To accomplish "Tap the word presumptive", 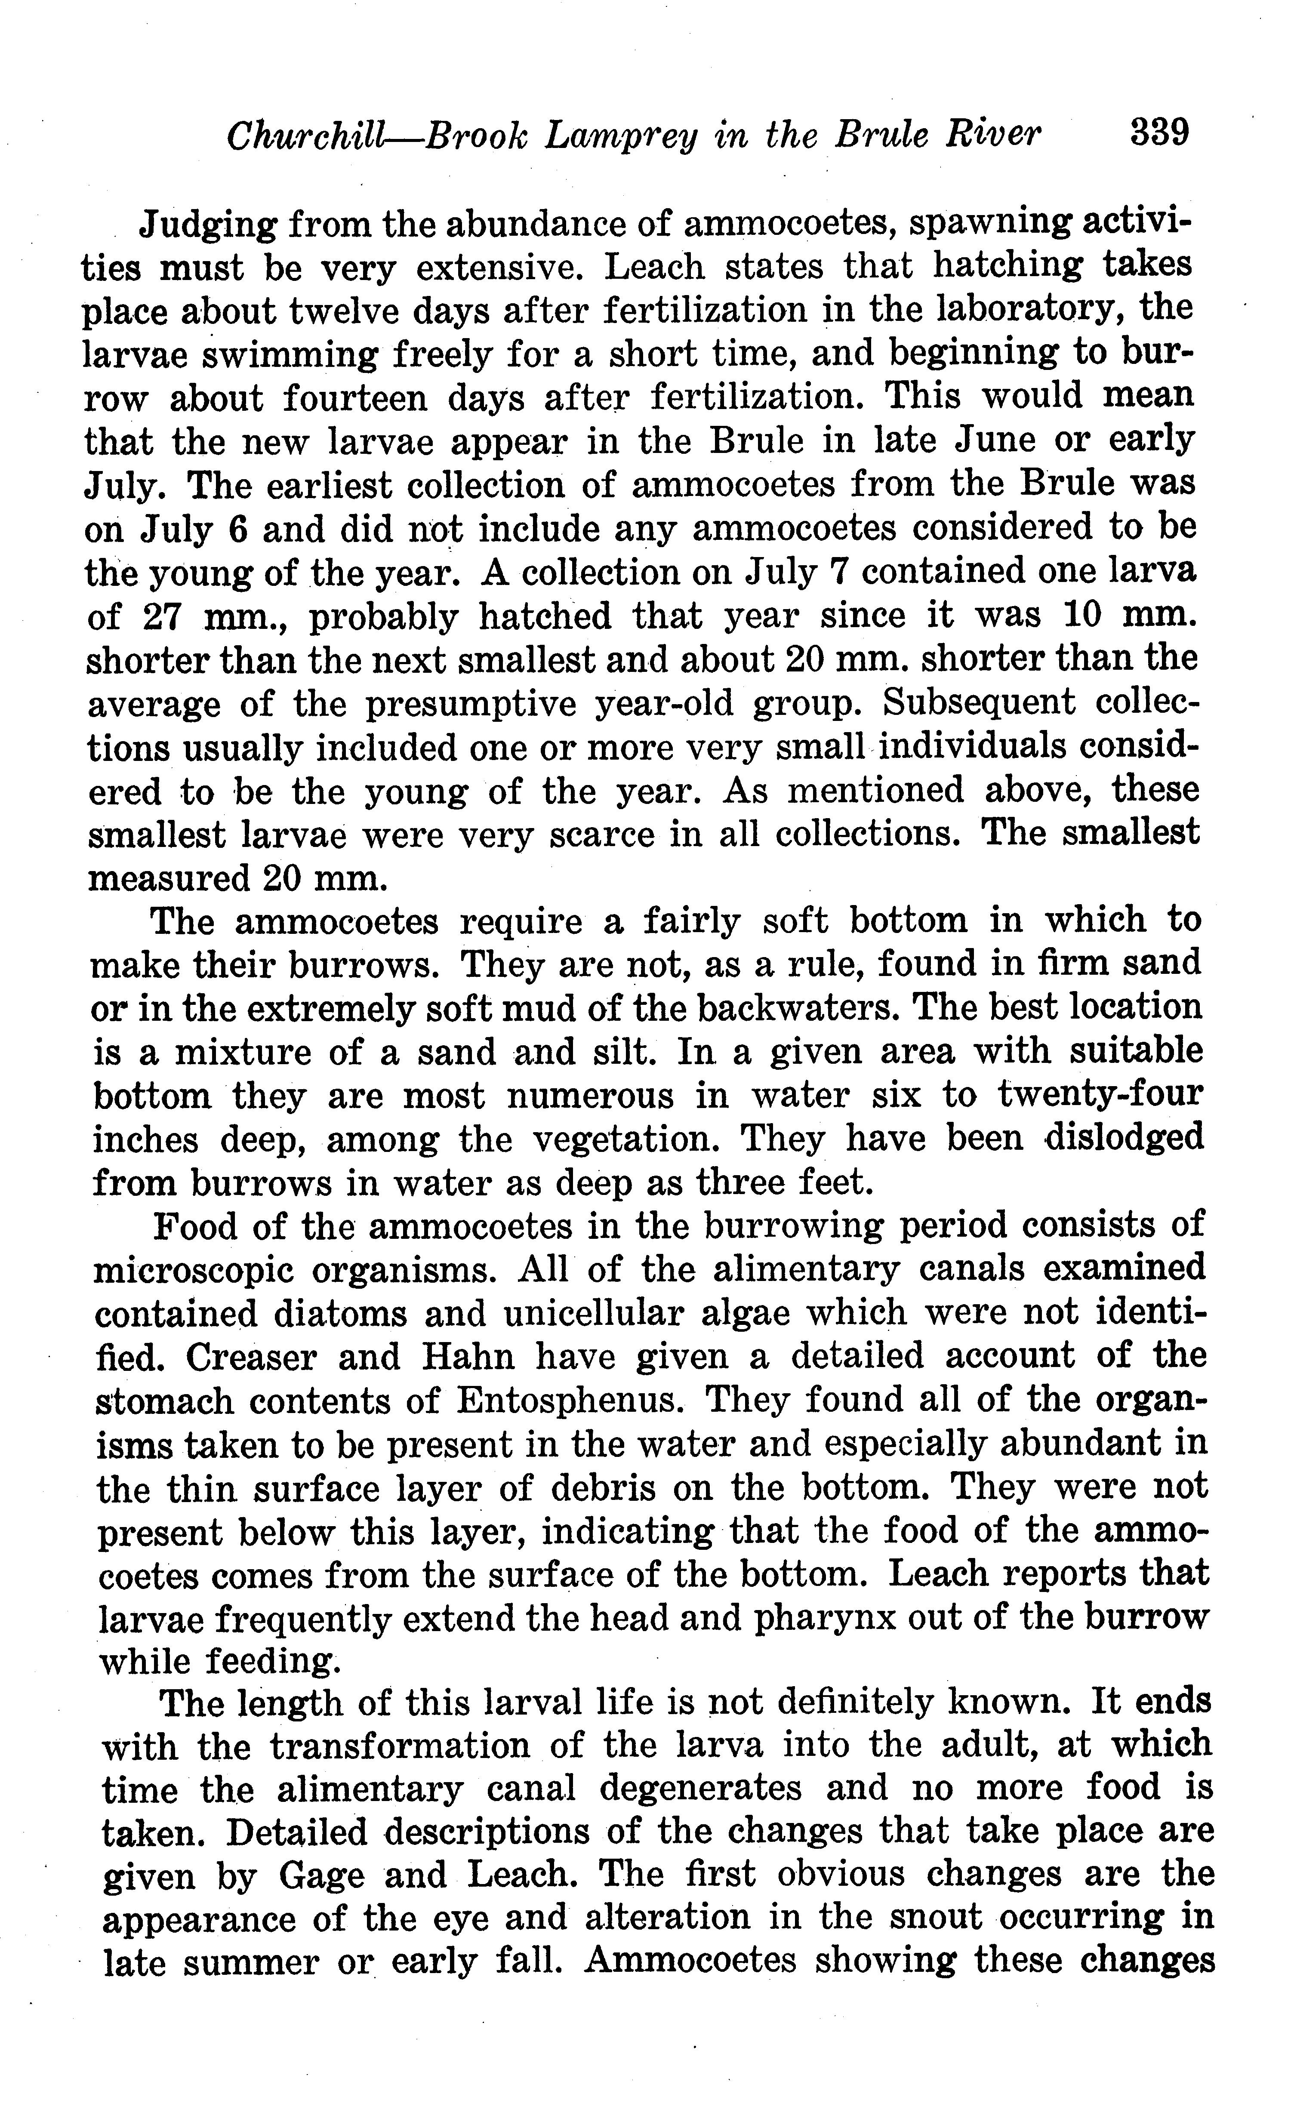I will click(471, 704).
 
